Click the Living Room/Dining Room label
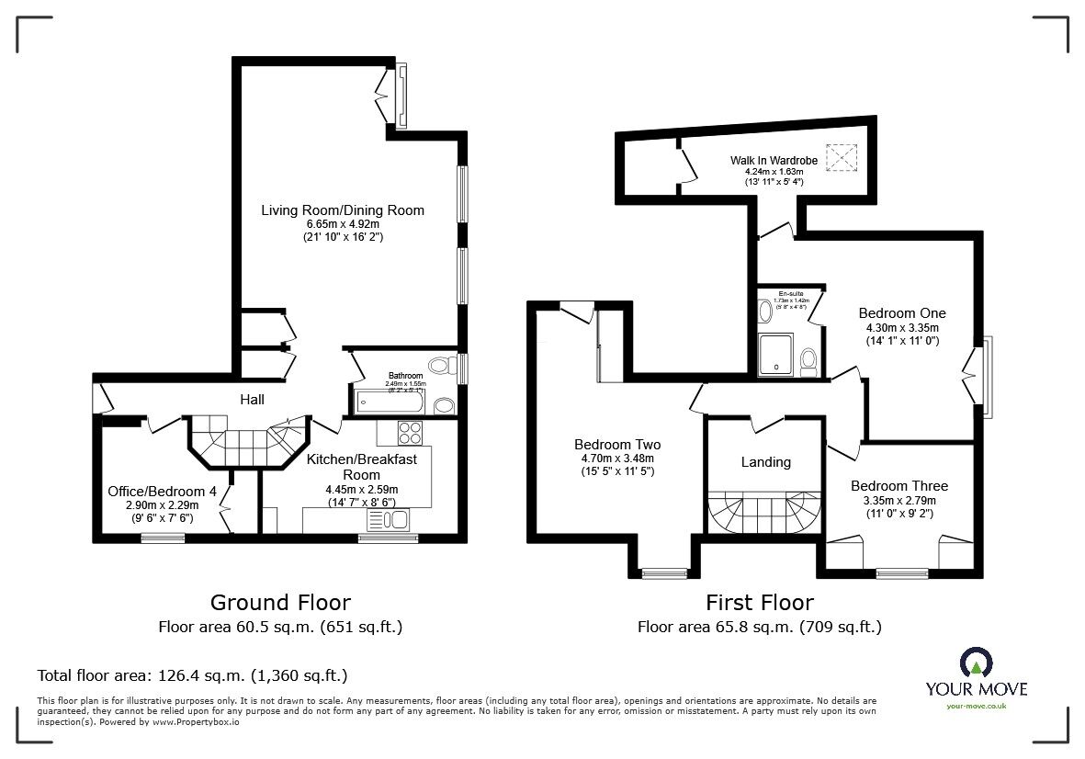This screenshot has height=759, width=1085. (x=343, y=210)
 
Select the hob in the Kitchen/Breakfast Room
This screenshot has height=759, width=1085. (x=408, y=432)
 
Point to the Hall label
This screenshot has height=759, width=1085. (x=252, y=400)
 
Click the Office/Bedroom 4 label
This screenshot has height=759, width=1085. (x=162, y=492)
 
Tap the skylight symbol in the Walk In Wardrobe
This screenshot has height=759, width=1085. (x=839, y=158)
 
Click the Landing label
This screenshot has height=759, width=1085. (x=765, y=462)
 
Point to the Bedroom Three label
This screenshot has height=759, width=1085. (x=899, y=486)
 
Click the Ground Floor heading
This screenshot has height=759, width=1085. (x=280, y=603)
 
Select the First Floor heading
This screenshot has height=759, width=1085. (x=759, y=603)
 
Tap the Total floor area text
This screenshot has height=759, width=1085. (x=192, y=675)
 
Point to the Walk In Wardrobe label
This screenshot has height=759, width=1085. (x=774, y=161)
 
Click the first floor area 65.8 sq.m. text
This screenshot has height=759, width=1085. (x=759, y=628)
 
